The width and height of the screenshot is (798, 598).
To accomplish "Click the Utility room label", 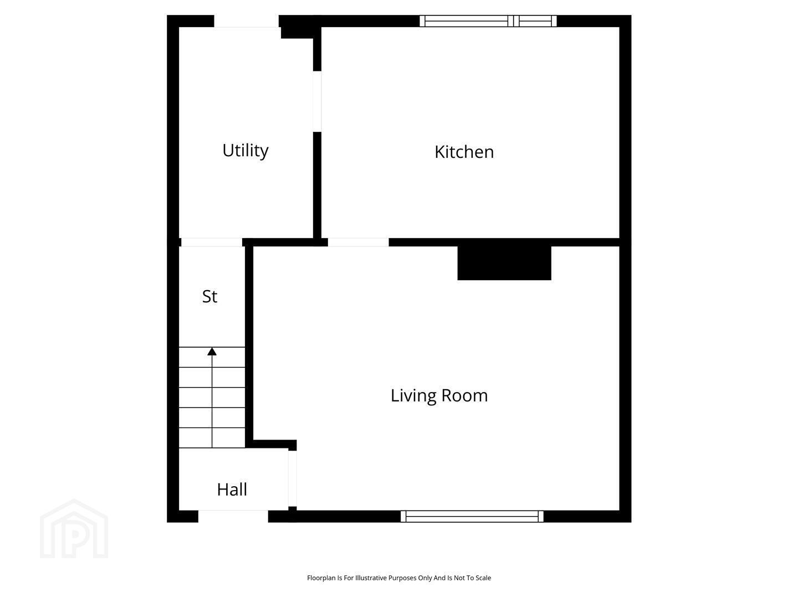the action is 245,151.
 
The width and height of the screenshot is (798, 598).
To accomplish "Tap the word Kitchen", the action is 464,152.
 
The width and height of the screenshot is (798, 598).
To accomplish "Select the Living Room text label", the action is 439,396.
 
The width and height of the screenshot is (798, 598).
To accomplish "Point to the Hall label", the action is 232,489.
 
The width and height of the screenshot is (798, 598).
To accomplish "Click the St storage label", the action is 210,297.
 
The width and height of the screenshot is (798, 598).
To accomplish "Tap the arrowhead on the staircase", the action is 212,352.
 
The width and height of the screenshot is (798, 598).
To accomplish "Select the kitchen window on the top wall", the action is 488,21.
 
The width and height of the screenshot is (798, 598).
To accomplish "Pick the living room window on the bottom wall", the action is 472,516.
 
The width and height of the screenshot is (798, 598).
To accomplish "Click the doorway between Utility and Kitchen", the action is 317,101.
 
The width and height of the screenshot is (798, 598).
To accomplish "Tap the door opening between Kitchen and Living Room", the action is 359,242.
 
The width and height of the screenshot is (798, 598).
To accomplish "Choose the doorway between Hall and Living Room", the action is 292,478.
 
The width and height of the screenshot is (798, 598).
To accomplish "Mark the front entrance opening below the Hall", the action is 233,516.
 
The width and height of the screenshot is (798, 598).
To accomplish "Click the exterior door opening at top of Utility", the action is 247,21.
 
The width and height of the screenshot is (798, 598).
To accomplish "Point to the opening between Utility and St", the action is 212,242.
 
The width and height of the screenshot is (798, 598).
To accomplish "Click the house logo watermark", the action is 74,529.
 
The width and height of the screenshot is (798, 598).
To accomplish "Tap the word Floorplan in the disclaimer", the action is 322,578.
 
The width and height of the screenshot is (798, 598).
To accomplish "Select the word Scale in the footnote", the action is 483,578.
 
